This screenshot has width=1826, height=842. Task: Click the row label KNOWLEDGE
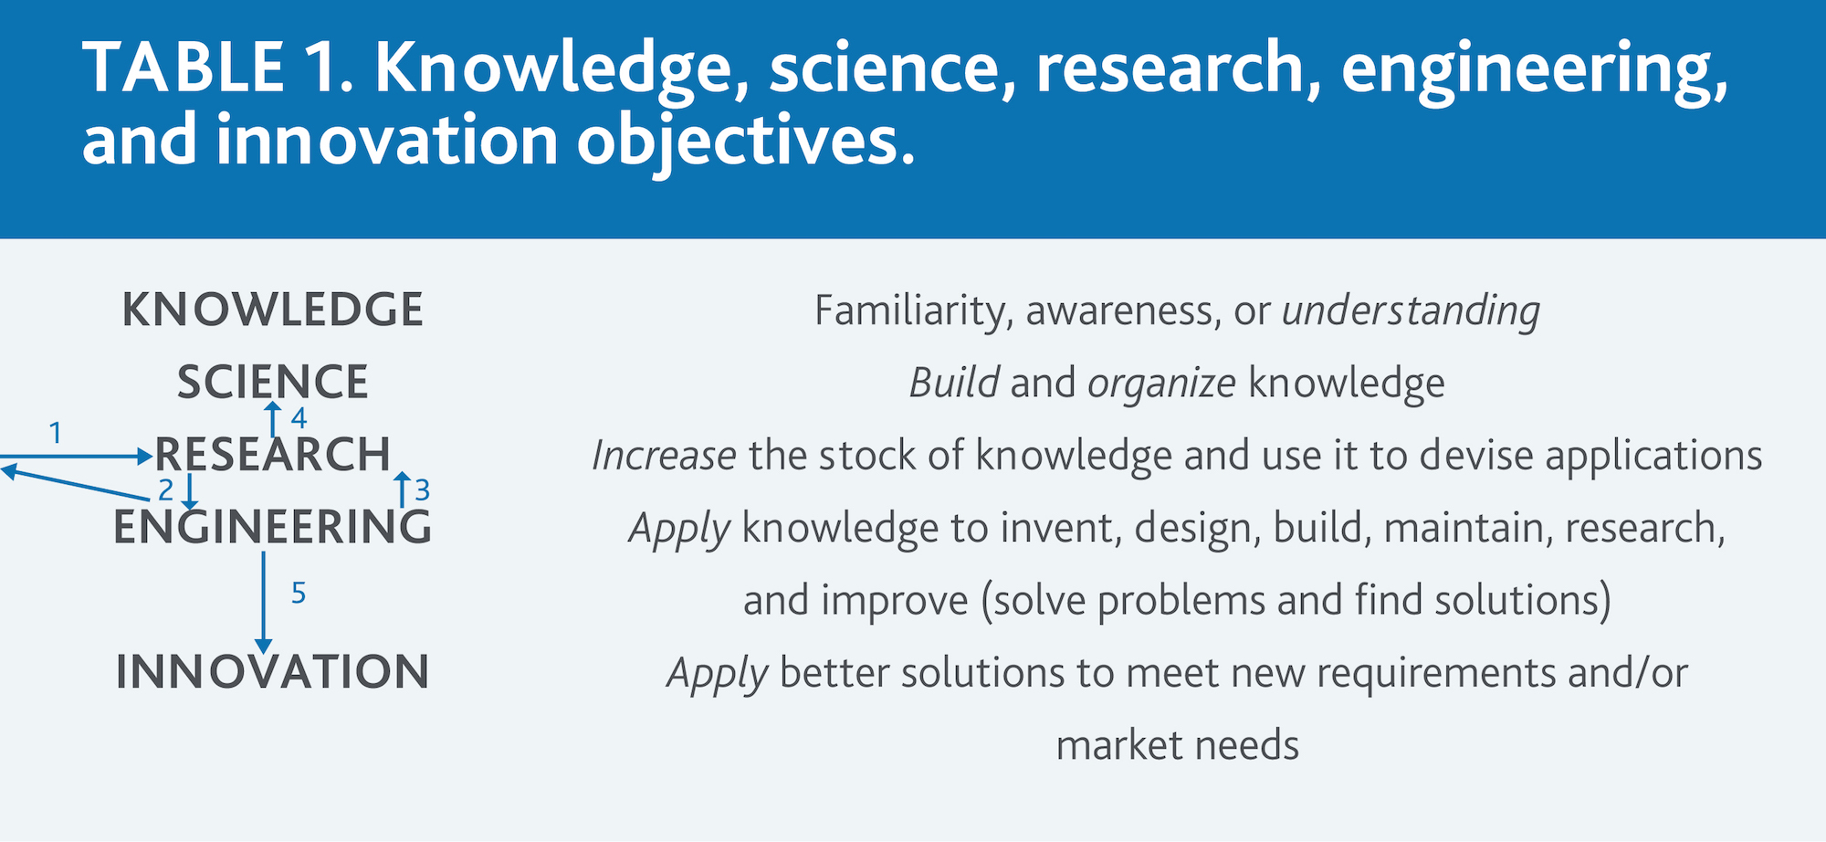[272, 310]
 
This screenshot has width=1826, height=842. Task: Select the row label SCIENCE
[272, 382]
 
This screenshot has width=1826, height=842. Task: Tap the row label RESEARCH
[272, 454]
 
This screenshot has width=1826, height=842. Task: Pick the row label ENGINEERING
[272, 527]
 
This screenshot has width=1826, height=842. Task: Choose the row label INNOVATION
[272, 671]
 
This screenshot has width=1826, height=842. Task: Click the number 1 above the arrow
[56, 432]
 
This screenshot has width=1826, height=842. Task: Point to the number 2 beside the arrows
[165, 490]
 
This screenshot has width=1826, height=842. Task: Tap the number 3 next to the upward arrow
[422, 490]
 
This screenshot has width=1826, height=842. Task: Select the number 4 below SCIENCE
[299, 418]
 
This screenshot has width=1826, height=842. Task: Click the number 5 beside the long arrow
[299, 593]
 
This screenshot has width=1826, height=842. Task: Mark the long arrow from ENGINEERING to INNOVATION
[264, 602]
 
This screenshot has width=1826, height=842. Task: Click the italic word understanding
[1411, 311]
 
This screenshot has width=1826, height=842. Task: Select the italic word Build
[953, 383]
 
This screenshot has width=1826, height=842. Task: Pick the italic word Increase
[664, 455]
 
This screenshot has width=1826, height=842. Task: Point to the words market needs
[1177, 745]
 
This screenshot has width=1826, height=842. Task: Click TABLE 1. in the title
[218, 68]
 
